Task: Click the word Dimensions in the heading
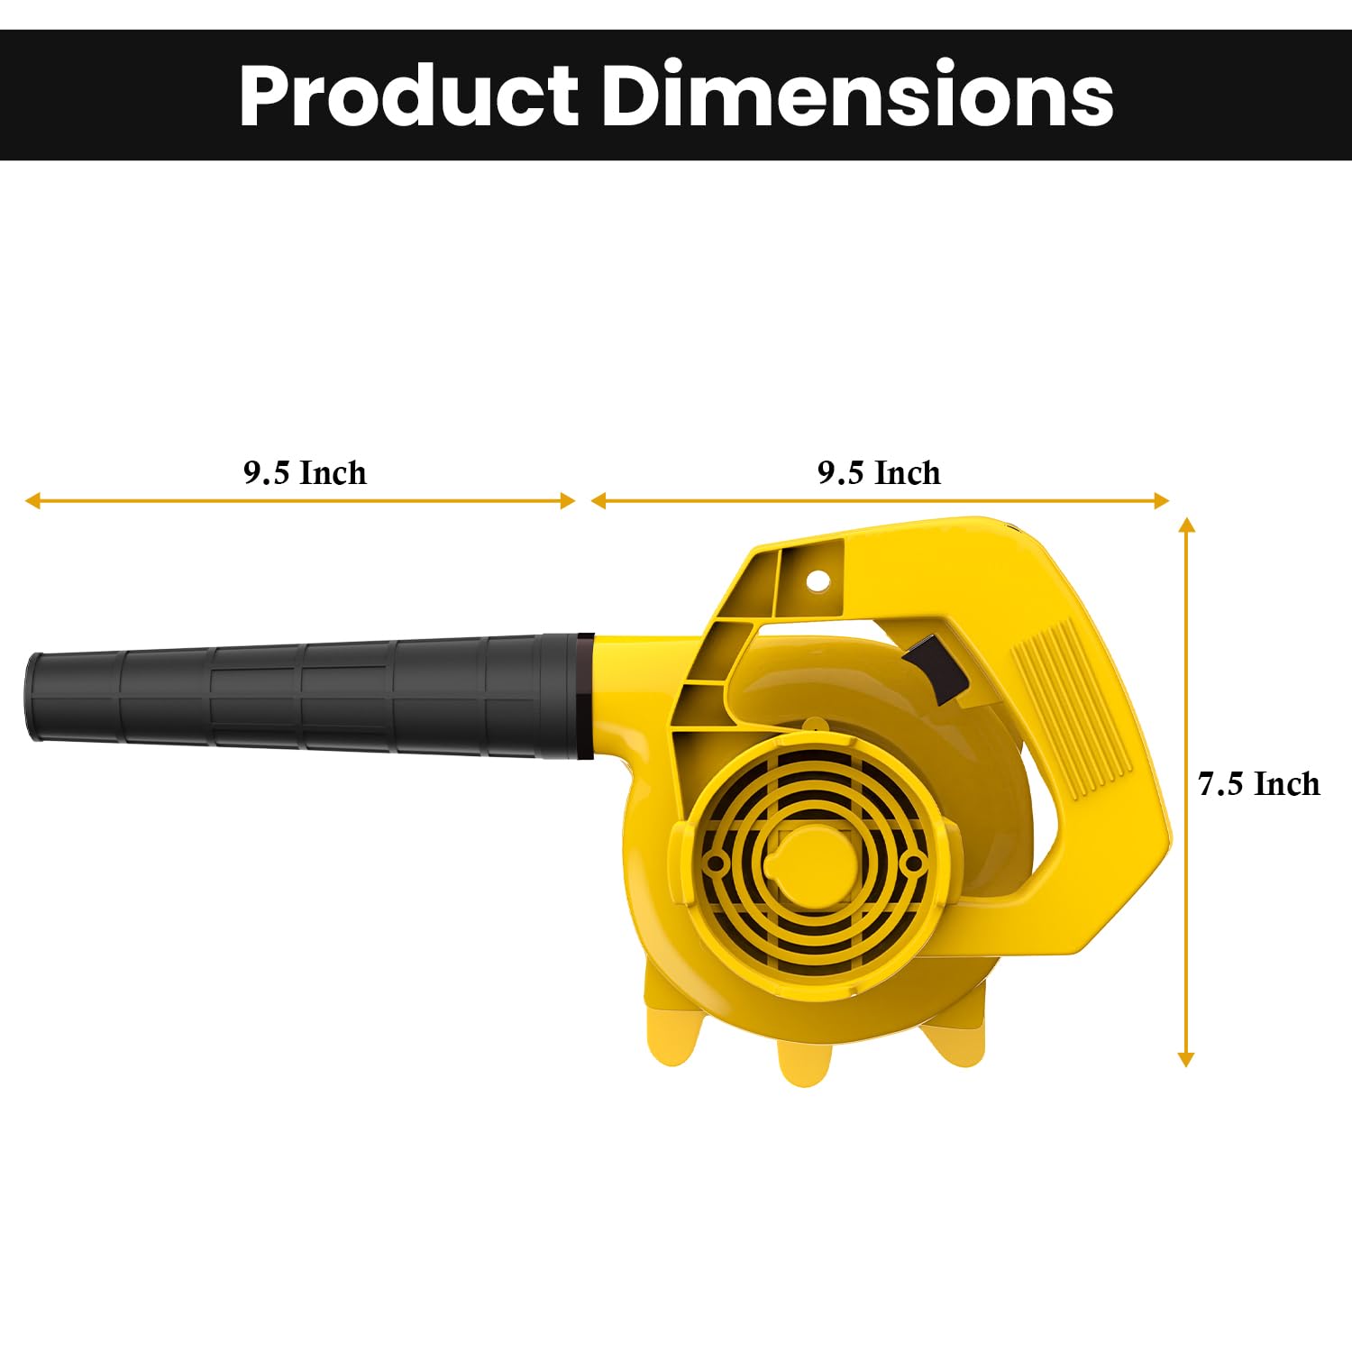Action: (858, 95)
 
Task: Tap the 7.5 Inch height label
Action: (1259, 784)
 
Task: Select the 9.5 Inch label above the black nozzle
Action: (305, 472)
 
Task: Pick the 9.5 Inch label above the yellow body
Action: (879, 472)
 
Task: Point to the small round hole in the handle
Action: (817, 580)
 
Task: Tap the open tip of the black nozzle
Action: (34, 696)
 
